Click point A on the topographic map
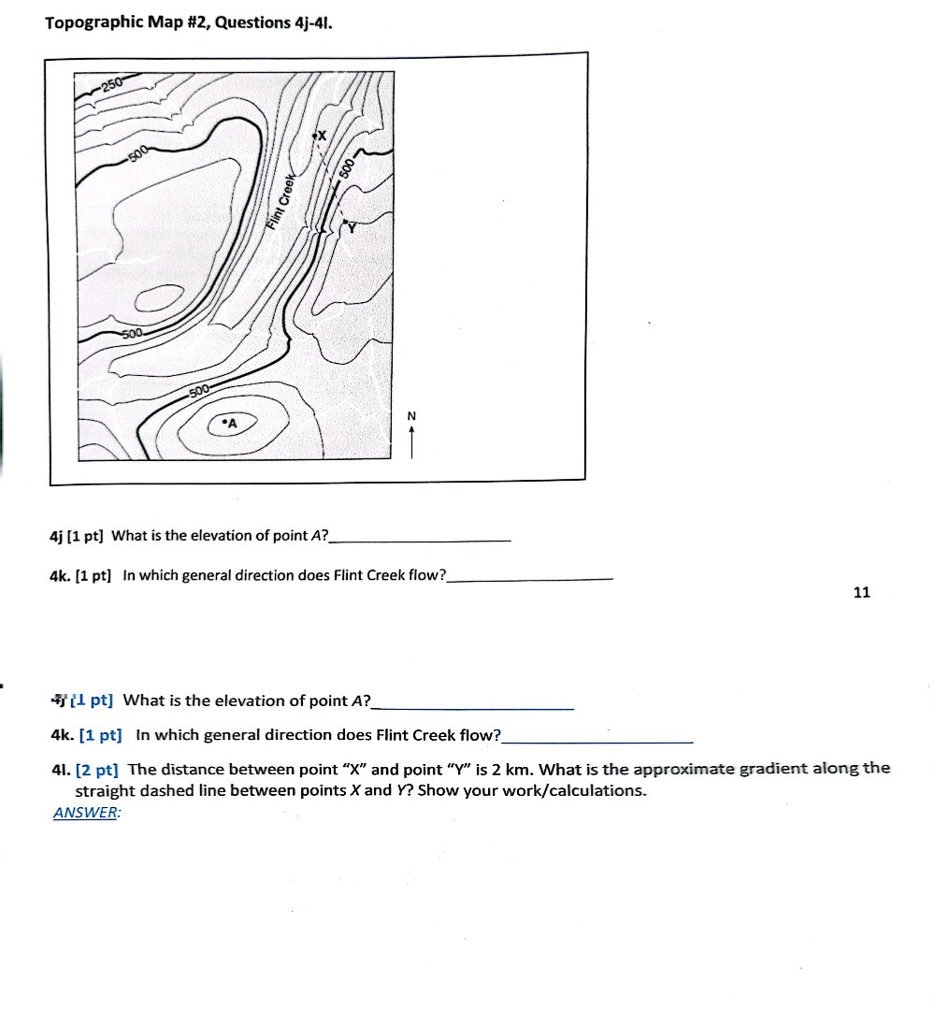[224, 423]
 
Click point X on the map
[315, 137]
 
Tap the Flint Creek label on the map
[280, 202]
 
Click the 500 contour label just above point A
[200, 391]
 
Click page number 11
[862, 592]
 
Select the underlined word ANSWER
[85, 813]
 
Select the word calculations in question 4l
[597, 790]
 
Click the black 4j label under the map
[55, 536]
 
